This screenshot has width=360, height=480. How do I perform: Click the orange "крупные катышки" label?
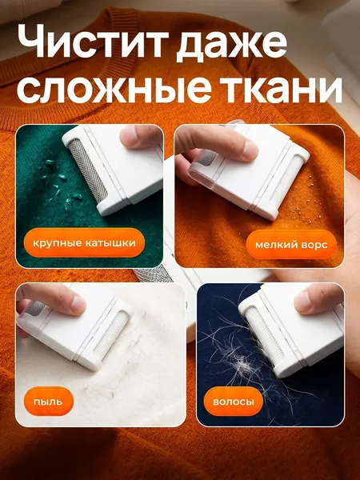pyautogui.click(x=84, y=243)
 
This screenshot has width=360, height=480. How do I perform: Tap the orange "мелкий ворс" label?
pyautogui.click(x=291, y=245)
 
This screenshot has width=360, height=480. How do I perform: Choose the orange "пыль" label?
pyautogui.click(x=48, y=402)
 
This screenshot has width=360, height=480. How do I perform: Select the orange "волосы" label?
pyautogui.click(x=234, y=402)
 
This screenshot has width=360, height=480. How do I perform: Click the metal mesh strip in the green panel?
pyautogui.click(x=88, y=170)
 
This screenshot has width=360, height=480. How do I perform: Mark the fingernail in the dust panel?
pyautogui.click(x=78, y=305)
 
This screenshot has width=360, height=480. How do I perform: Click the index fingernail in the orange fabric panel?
pyautogui.click(x=250, y=150)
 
